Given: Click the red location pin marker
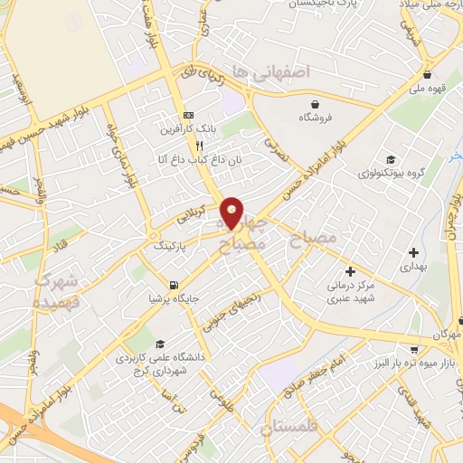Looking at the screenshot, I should click(x=232, y=213).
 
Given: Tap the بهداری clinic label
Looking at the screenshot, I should click(x=413, y=268).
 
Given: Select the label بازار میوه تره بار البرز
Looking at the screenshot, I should click(x=418, y=363).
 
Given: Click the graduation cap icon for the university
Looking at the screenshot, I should click(x=160, y=344).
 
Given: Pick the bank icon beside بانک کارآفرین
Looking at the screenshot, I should click(x=188, y=116).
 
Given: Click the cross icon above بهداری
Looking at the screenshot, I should click(x=413, y=251).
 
